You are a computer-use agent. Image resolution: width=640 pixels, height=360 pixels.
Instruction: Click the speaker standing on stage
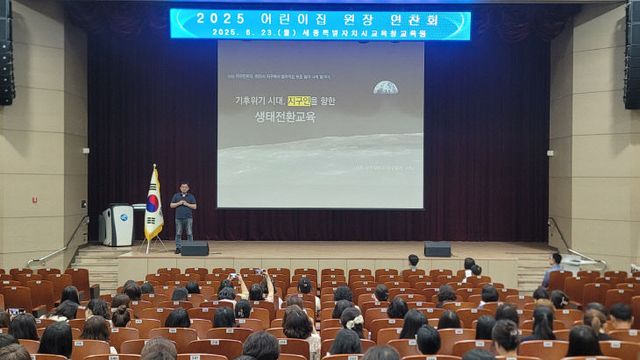[183, 214]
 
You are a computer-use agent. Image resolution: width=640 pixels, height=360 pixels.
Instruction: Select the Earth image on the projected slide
[385, 87]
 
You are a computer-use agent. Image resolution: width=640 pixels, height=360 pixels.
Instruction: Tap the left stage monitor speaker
[194, 248]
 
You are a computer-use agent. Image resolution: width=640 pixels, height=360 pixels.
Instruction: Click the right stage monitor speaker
[437, 249]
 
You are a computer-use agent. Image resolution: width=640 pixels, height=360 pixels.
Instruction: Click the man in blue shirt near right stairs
[553, 269]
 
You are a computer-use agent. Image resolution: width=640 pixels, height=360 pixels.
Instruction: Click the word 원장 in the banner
[352, 17]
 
